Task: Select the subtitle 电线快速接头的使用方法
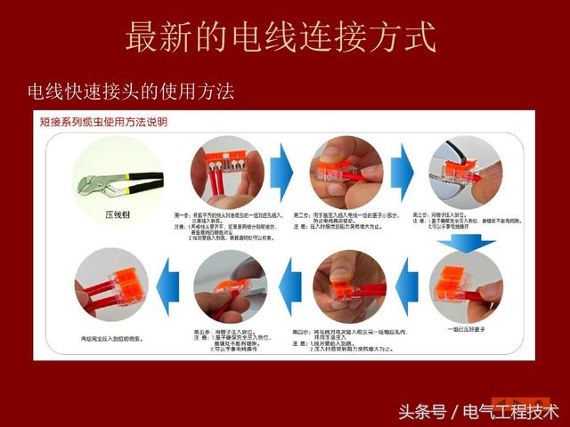(131, 92)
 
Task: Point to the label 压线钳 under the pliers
(118, 214)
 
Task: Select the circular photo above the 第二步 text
(346, 172)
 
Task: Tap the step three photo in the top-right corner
(465, 172)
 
